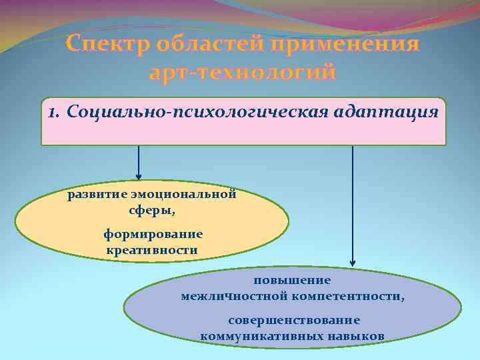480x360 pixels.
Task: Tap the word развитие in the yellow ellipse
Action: click(x=93, y=195)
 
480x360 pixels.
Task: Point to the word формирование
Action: click(x=153, y=235)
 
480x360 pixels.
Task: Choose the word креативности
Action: click(x=151, y=250)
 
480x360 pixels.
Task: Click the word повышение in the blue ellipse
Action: click(x=292, y=281)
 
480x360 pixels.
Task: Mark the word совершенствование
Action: click(x=293, y=321)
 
